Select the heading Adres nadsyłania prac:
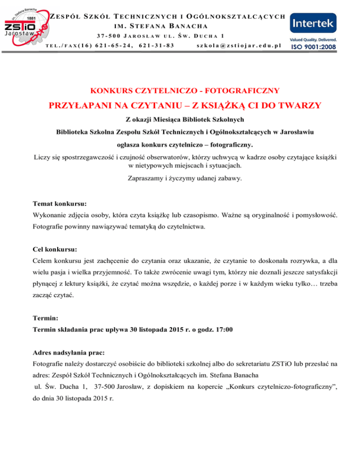pos(68,351)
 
